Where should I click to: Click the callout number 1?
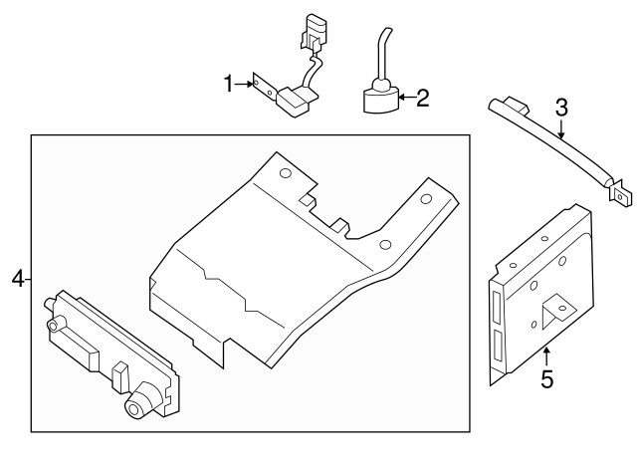[229, 84]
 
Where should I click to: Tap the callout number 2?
[423, 98]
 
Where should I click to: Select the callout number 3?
[561, 108]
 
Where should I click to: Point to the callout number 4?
[18, 280]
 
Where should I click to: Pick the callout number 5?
[547, 378]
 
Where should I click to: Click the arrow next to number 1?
[244, 84]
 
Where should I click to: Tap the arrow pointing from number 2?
[407, 98]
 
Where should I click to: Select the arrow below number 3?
[561, 128]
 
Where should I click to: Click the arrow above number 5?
[546, 357]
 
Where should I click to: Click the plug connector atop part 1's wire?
[313, 34]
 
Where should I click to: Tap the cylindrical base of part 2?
[381, 101]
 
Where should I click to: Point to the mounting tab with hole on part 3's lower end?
[620, 196]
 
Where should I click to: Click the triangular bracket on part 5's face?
[556, 310]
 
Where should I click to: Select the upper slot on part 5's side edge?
[497, 308]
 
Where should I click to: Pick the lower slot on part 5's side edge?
[498, 346]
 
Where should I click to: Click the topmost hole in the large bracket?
[286, 173]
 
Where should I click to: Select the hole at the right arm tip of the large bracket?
[426, 199]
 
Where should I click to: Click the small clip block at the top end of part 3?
[517, 105]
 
